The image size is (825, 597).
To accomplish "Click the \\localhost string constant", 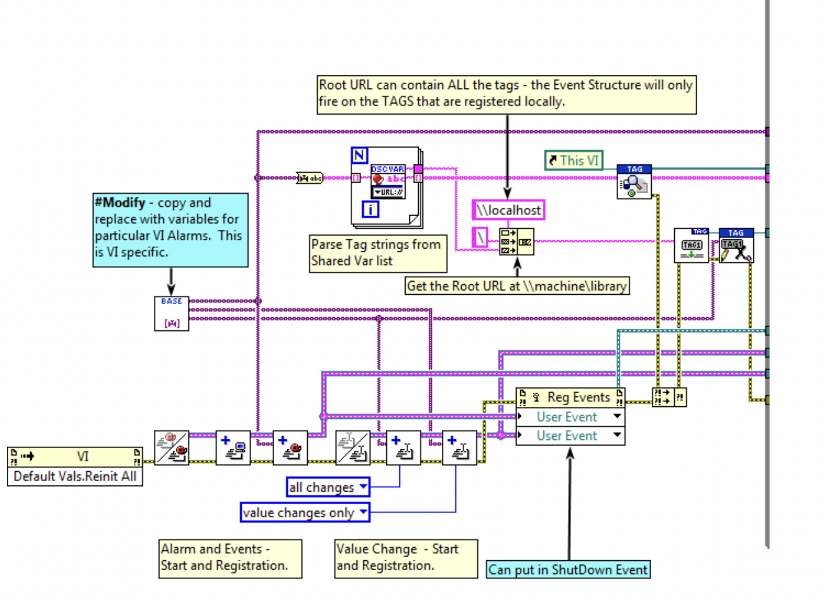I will click(x=508, y=210).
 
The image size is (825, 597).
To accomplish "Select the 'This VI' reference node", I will click(x=574, y=161).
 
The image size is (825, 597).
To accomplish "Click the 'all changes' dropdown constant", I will click(x=328, y=487).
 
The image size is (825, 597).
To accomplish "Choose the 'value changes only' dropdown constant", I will click(x=305, y=513).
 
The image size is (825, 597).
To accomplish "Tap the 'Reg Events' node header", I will click(x=570, y=397).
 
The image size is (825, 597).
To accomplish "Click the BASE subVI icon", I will click(x=171, y=313).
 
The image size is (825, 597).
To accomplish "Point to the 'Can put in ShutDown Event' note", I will click(x=568, y=570).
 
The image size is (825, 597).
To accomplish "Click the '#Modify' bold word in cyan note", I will click(x=120, y=203).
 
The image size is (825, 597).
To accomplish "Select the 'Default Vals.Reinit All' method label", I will click(x=75, y=476).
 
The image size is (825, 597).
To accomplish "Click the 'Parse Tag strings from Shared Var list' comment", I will click(x=378, y=253).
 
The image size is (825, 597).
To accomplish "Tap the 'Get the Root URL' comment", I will click(x=517, y=286).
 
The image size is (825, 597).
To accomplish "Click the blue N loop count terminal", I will click(x=360, y=155).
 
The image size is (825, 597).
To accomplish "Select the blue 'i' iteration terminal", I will click(x=370, y=209).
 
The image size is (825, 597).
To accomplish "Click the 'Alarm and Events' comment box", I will click(x=230, y=558).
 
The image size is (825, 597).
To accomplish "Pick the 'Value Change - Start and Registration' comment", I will click(x=406, y=558).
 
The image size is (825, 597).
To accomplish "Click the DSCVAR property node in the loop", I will click(x=388, y=181).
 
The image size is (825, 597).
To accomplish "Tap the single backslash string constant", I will click(x=480, y=237).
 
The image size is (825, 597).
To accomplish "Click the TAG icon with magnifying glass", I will click(x=634, y=182).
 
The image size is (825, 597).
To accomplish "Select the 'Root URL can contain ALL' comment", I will click(x=506, y=93).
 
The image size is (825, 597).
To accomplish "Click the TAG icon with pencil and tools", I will click(x=736, y=246).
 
